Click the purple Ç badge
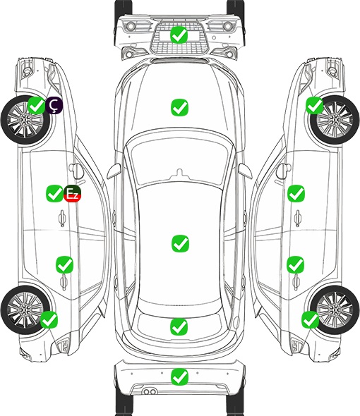click(54, 106)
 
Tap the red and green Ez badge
click(72, 194)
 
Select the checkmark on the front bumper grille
click(179, 35)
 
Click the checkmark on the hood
click(179, 107)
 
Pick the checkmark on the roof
click(180, 243)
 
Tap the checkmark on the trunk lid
click(179, 327)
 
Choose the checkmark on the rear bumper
click(179, 377)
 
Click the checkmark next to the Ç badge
click(37, 106)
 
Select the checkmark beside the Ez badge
click(54, 193)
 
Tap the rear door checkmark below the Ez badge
click(64, 264)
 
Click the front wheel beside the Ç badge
click(25, 121)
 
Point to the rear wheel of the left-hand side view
click(25, 310)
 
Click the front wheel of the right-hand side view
click(335, 120)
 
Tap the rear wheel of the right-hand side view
click(335, 310)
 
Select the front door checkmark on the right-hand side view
click(296, 193)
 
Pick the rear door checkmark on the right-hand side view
click(296, 264)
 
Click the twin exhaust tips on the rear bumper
click(150, 392)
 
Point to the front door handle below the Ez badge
click(62, 219)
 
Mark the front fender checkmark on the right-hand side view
click(314, 105)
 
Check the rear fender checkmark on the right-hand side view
click(310, 319)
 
